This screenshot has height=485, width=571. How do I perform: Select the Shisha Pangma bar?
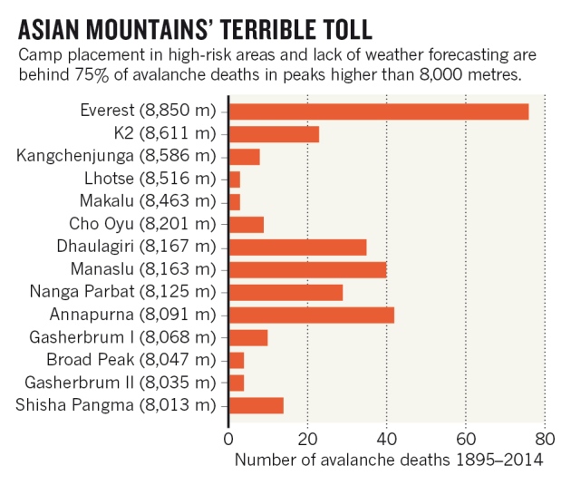[x=256, y=404]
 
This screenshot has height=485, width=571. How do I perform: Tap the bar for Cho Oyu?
[x=246, y=224]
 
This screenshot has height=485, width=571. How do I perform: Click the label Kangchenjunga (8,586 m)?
[x=118, y=156]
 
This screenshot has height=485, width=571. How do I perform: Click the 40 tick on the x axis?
[x=386, y=439]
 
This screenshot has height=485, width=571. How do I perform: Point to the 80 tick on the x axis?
[x=545, y=439]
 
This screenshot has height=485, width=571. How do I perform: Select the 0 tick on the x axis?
[x=228, y=439]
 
